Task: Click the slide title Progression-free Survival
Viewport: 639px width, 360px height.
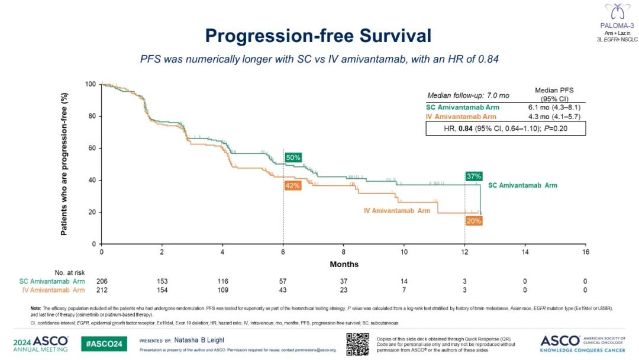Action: click(318, 36)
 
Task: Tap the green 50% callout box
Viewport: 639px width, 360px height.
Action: click(293, 157)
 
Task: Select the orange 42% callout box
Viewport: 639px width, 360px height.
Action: click(292, 185)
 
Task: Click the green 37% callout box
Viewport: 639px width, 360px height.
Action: click(473, 176)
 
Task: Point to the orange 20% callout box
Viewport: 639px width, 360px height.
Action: click(473, 220)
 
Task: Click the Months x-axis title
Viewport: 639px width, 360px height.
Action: click(344, 264)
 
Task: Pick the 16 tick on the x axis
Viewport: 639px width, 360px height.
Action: click(585, 252)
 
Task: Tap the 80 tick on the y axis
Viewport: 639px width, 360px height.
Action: click(92, 116)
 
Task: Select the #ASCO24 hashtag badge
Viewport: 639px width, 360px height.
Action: click(104, 344)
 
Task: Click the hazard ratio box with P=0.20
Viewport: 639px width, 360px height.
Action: click(505, 128)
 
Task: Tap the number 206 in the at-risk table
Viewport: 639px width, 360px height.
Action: click(102, 281)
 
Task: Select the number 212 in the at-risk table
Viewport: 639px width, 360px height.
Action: click(102, 290)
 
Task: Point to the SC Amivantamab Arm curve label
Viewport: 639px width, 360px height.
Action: click(522, 185)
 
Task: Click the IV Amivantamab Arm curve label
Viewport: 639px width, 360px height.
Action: click(396, 211)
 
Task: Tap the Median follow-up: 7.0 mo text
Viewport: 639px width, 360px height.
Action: click(469, 95)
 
